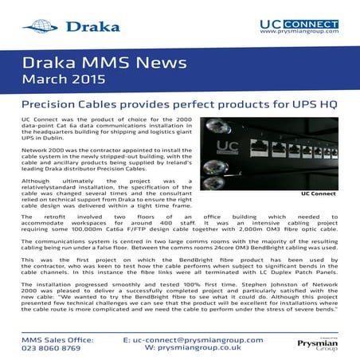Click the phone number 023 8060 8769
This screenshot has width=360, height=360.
point(51,348)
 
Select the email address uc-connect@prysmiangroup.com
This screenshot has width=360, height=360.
point(194,339)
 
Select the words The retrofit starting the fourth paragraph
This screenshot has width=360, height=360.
point(42,216)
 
